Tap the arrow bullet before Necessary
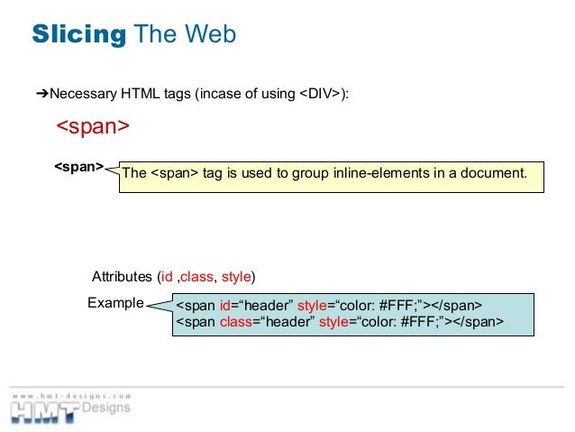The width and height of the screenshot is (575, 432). coord(41,93)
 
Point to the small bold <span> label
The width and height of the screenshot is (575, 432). coord(78,167)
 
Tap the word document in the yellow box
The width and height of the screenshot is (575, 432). coord(494,172)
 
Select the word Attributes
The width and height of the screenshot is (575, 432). coord(123,276)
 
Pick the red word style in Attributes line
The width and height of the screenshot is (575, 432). coord(236,276)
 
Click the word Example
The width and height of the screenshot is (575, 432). coord(115,303)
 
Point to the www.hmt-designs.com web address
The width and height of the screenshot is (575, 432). coord(72,395)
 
